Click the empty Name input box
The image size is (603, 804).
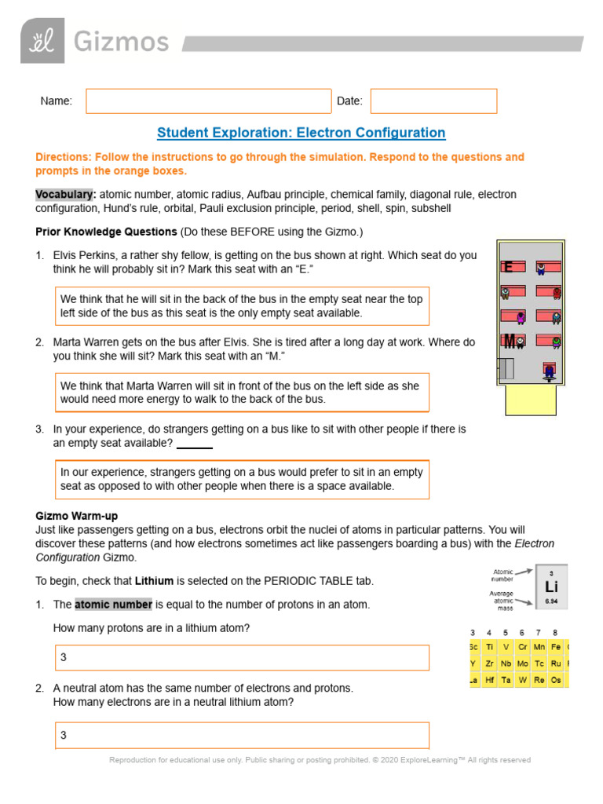tap(208, 101)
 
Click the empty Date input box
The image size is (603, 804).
tap(433, 101)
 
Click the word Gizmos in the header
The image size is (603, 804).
tap(121, 41)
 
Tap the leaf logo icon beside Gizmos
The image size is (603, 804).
tap(42, 42)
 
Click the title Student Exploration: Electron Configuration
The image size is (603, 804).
tap(301, 133)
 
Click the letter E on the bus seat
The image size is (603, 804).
tap(509, 267)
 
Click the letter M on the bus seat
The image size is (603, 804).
tap(510, 341)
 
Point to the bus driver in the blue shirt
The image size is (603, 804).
tap(550, 371)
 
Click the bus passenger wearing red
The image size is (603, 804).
tap(557, 293)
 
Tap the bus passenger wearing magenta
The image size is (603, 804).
tap(520, 318)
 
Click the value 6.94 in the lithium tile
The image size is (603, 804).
tap(551, 601)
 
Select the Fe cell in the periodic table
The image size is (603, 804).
tap(555, 646)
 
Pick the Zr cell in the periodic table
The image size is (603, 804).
tap(489, 663)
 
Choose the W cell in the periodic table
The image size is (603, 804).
tap(522, 680)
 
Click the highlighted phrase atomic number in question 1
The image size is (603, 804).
tap(113, 605)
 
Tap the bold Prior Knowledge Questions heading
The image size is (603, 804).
tap(106, 232)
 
